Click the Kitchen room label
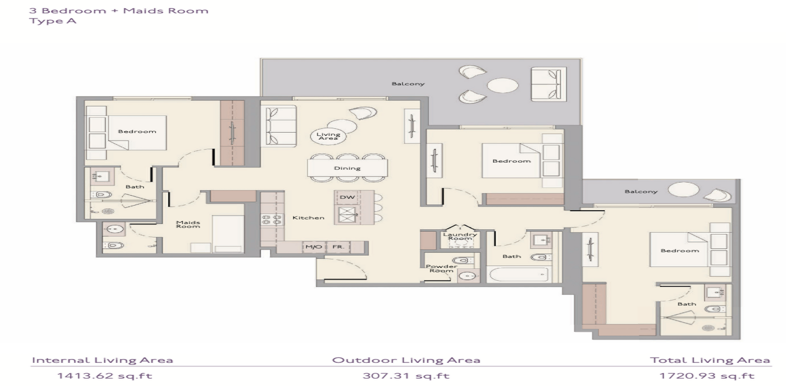(x=308, y=218)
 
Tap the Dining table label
(x=347, y=168)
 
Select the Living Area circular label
(x=328, y=136)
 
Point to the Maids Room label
(x=188, y=224)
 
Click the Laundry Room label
(x=460, y=236)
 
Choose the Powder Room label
(x=442, y=268)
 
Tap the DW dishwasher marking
(x=347, y=197)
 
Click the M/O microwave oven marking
(x=314, y=247)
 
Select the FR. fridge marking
(x=338, y=247)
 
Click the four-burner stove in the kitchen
(x=272, y=220)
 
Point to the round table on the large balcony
(x=503, y=85)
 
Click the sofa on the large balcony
(x=548, y=84)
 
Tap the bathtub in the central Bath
(x=518, y=275)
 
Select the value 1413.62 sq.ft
(x=105, y=376)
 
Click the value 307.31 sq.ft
(x=406, y=376)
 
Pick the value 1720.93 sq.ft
(x=707, y=376)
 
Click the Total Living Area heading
(x=710, y=360)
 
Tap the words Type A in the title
(x=53, y=21)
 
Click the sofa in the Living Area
(x=281, y=126)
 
